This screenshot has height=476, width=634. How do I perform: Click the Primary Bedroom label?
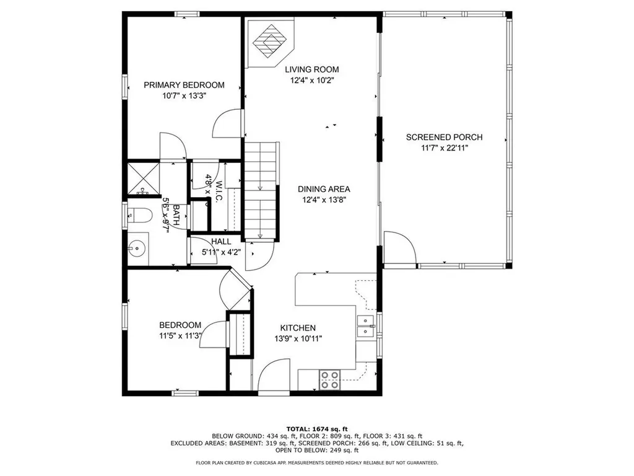coord(184,85)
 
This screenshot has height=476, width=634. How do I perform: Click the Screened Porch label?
coord(444,137)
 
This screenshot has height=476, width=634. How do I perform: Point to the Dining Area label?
coord(324,189)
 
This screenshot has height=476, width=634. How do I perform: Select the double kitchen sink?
coord(367,326)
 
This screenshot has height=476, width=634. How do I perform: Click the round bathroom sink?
coord(137,249)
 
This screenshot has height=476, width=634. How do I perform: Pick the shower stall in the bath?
coord(143,178)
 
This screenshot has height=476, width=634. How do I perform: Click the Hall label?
coord(221,241)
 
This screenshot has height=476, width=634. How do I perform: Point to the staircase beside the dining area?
coord(260,189)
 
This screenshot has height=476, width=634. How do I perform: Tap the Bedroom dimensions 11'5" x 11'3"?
coord(180,336)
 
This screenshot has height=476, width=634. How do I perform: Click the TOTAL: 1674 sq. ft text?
coord(317,428)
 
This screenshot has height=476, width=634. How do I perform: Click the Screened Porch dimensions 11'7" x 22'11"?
coord(444,148)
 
